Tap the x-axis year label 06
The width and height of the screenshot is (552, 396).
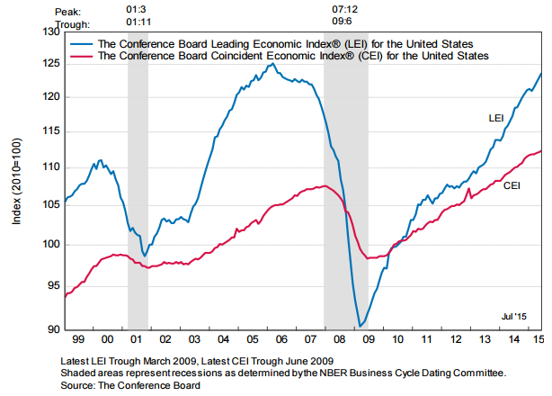click(x=281, y=339)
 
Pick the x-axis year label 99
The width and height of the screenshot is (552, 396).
click(x=79, y=339)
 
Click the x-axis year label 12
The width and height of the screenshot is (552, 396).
click(x=454, y=339)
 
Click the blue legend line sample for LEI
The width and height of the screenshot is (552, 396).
click(x=81, y=43)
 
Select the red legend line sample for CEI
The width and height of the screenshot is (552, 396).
click(x=81, y=56)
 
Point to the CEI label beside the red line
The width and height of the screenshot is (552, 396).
click(x=512, y=186)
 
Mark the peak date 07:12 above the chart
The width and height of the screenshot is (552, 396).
click(x=345, y=8)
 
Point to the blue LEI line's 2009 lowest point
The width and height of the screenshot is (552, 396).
click(x=360, y=326)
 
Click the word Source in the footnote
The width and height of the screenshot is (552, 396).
click(x=78, y=384)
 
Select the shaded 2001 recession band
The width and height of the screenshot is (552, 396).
click(x=138, y=180)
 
